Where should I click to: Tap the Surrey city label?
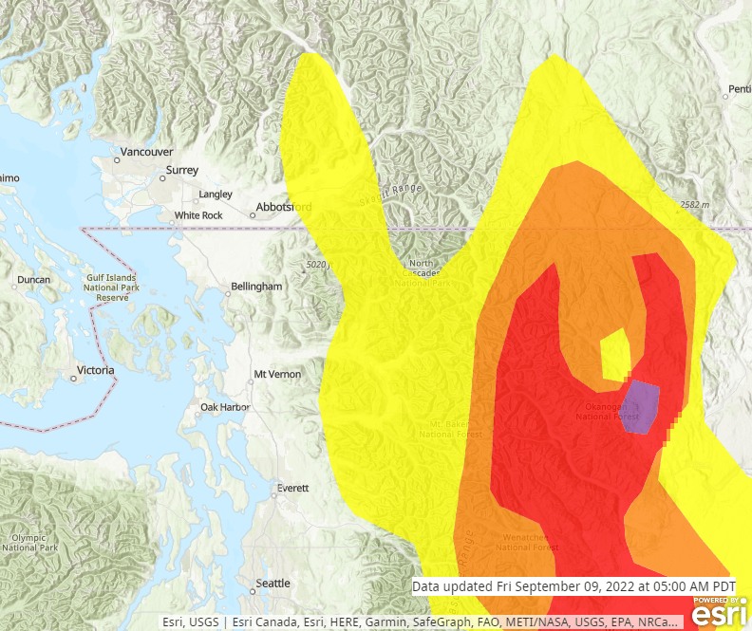[181, 171]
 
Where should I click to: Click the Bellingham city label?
[256, 287]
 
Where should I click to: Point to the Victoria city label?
[95, 370]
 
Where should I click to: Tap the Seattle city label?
[273, 583]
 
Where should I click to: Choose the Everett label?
[292, 489]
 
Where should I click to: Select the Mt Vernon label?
[277, 375]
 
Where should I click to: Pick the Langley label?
[215, 195]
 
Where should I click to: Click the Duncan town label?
[33, 281]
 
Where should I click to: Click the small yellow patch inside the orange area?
[616, 351]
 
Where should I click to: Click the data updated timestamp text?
[573, 587]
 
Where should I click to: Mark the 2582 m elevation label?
[696, 205]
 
